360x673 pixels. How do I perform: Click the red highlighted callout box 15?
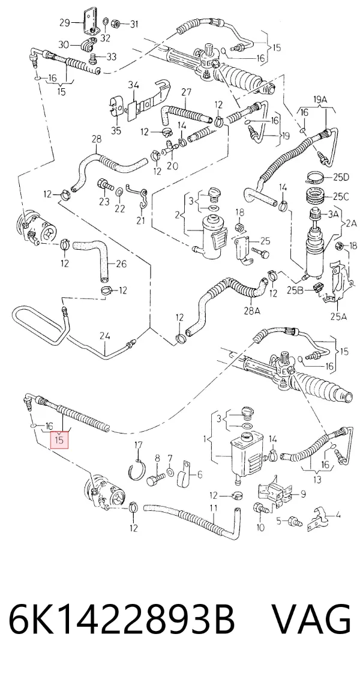coord(59,439)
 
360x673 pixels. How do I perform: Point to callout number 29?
coord(65,23)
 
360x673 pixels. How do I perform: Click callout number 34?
coord(133,85)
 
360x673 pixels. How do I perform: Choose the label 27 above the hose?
coord(186,92)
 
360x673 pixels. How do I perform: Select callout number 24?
coord(105,336)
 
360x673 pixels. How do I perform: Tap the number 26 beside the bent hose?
coord(121,264)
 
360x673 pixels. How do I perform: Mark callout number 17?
coord(138,445)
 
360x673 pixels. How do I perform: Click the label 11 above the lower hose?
coord(214,508)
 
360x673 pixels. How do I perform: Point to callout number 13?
coord(316,480)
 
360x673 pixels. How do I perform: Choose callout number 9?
coord(303,494)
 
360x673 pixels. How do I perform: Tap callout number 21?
coord(141,220)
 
